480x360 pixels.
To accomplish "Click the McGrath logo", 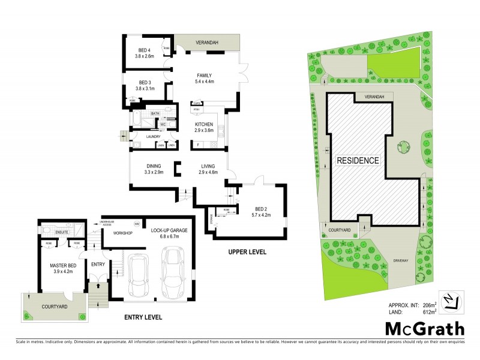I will click(424, 328).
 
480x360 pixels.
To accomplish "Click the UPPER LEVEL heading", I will click(247, 251).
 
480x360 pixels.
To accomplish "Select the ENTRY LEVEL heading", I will click(142, 316).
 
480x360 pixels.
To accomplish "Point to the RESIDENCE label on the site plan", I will click(358, 161).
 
